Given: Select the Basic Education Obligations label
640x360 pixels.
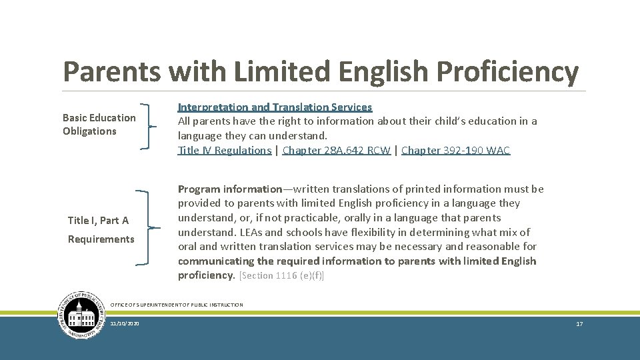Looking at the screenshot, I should click(x=99, y=125).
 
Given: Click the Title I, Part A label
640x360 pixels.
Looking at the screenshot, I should click(x=98, y=221).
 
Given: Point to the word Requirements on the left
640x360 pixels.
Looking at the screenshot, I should click(x=101, y=239).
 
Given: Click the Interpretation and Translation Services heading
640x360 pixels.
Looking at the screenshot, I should click(x=275, y=107).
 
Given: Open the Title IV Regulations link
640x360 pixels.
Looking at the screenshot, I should click(x=225, y=151).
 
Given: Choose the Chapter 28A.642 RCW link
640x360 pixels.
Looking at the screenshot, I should click(x=337, y=151).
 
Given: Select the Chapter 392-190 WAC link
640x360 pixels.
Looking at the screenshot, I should click(x=455, y=151).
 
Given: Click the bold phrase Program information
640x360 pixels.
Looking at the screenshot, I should click(x=230, y=189).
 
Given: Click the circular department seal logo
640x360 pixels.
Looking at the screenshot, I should click(x=82, y=315).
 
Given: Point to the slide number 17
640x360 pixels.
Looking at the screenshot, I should click(x=579, y=323).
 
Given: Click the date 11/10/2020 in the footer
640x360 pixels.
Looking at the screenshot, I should click(x=125, y=323).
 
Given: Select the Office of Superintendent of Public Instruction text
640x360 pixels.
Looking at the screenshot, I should click(x=177, y=305).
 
